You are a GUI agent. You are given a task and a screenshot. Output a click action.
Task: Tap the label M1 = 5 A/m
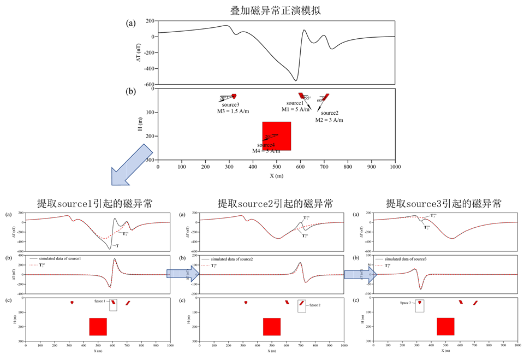pos(296,109)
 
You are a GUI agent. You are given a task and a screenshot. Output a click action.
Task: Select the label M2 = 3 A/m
pos(329,120)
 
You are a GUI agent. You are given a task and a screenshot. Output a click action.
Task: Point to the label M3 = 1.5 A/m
pos(233,111)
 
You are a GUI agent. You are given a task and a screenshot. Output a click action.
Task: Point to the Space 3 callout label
pos(406,302)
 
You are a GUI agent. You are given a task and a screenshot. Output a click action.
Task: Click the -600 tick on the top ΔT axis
pos(148,84)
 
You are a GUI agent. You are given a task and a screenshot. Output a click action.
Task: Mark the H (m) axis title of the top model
pos(140,124)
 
